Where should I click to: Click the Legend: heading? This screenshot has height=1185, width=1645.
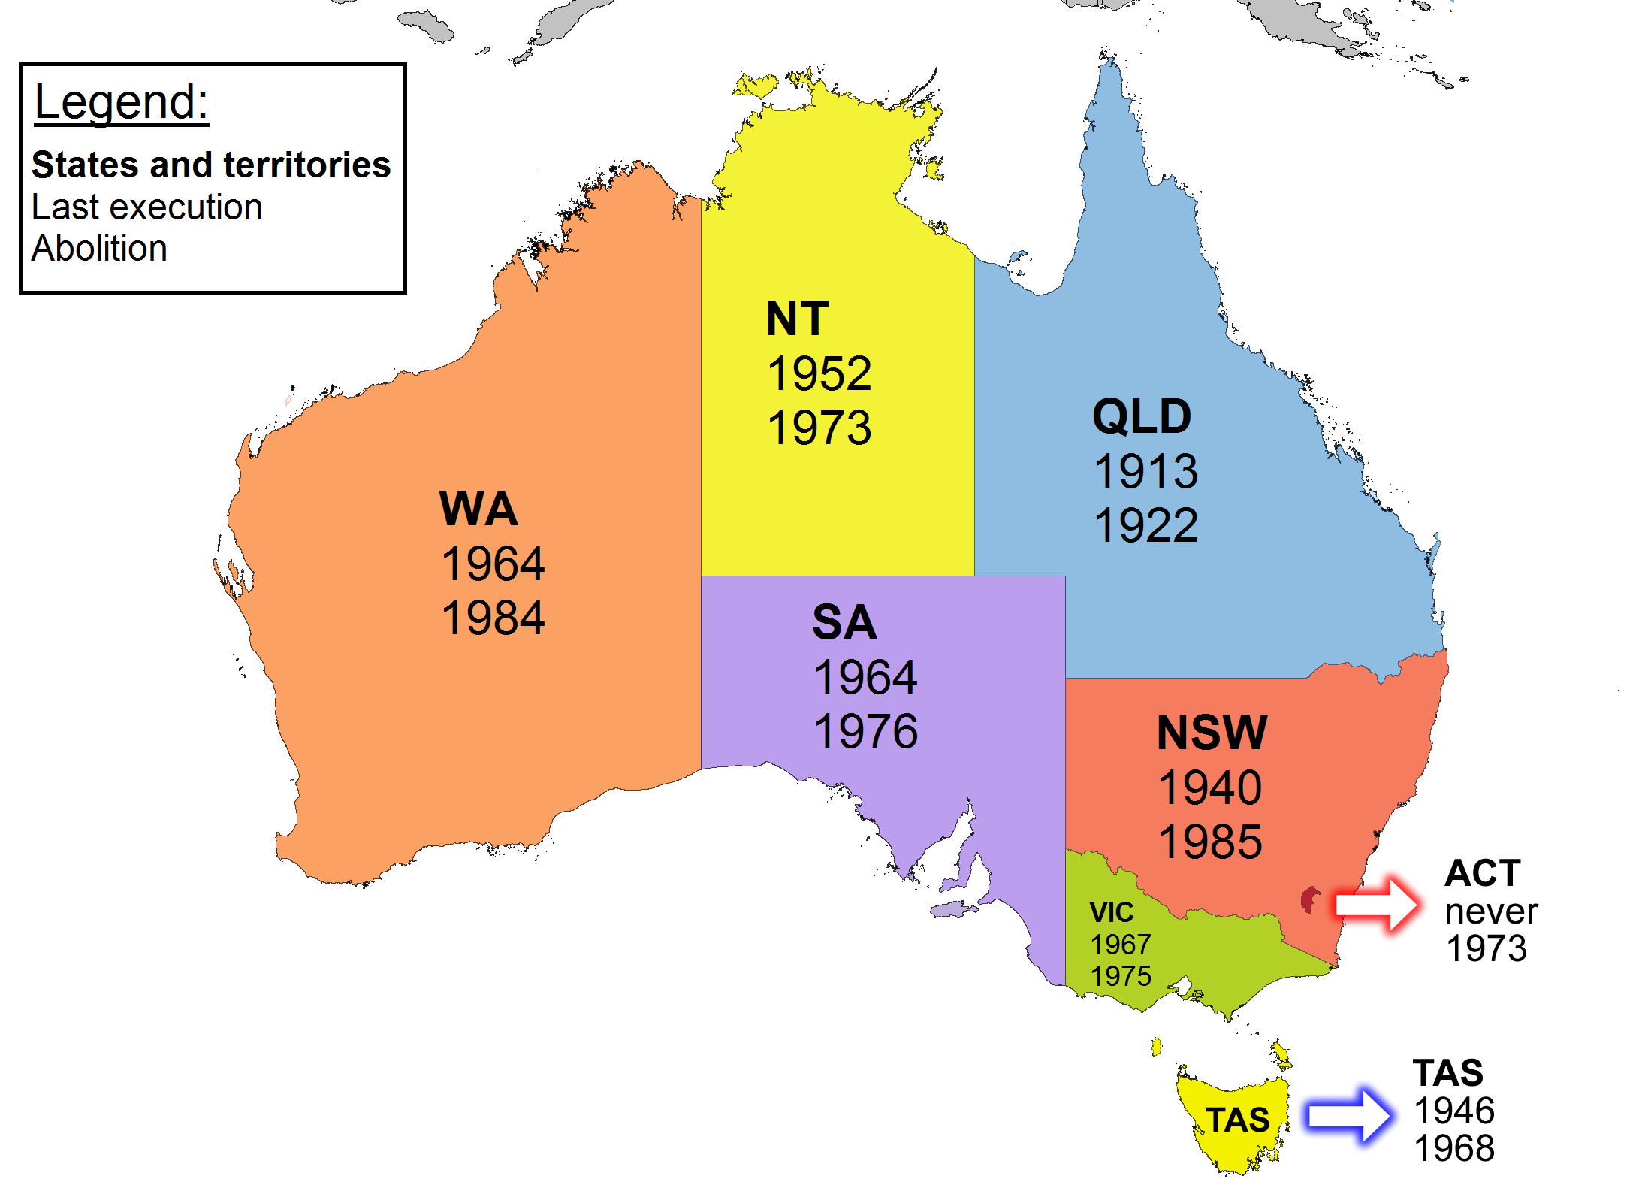[121, 102]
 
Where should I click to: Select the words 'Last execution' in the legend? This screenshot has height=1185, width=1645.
[146, 207]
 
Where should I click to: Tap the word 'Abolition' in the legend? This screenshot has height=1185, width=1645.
[99, 249]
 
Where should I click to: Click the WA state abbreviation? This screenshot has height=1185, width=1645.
[478, 509]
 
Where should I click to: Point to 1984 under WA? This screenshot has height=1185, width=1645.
[493, 618]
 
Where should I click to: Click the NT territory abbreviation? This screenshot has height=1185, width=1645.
[797, 319]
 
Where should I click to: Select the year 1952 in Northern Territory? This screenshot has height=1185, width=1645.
[819, 373]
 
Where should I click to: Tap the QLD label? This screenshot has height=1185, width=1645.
[1142, 416]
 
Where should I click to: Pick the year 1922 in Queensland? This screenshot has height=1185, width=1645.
[1145, 525]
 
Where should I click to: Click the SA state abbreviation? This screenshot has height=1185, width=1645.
[844, 622]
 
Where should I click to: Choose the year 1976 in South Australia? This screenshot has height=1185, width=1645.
[865, 732]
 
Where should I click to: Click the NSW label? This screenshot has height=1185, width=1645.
[1212, 733]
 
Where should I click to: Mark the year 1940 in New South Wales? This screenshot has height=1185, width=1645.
[1210, 787]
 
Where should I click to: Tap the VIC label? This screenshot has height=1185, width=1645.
[1111, 912]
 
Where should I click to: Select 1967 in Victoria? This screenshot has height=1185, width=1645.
[1120, 945]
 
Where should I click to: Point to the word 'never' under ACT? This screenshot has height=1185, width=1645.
[1491, 912]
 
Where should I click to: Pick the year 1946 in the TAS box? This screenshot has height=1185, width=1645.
[1454, 1111]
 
